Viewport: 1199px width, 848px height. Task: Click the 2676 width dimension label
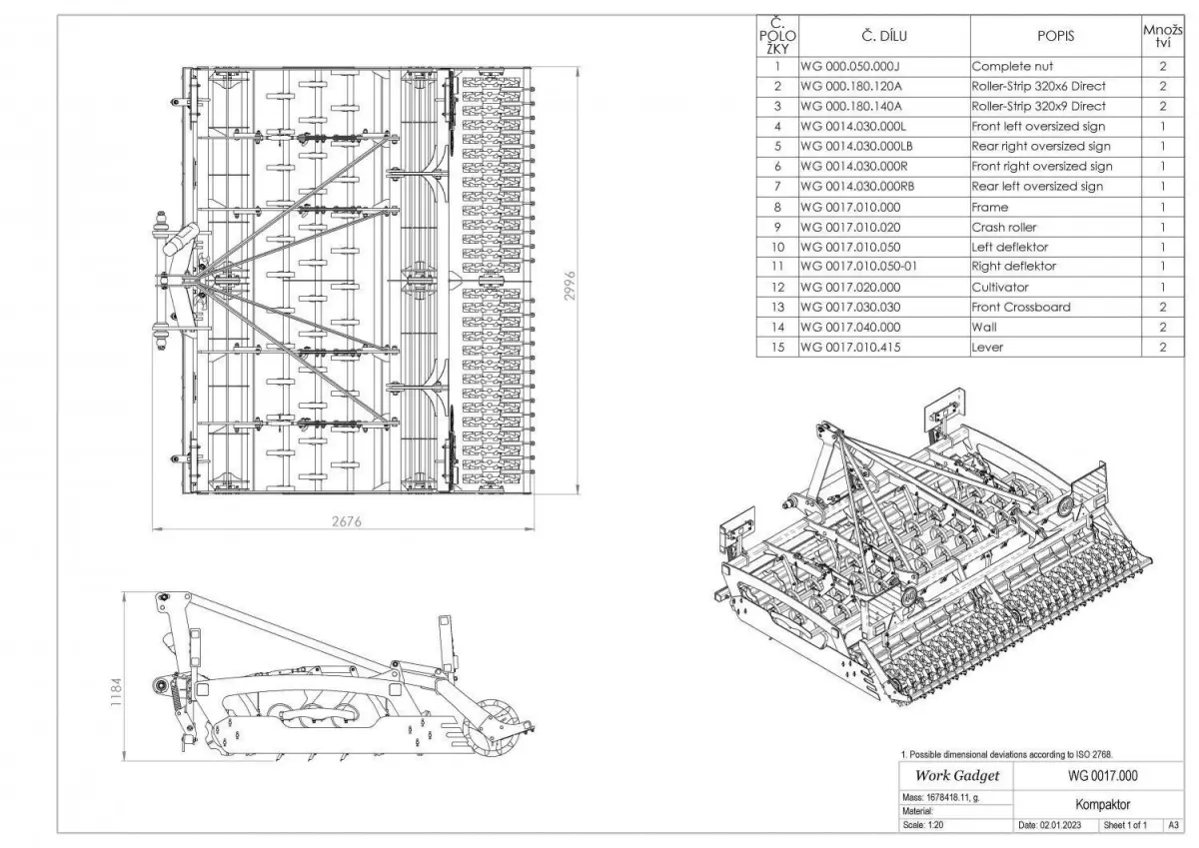(345, 521)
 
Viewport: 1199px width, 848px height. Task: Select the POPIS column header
(1055, 36)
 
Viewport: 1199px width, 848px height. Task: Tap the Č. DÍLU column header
(883, 36)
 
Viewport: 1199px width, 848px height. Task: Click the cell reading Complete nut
(1013, 67)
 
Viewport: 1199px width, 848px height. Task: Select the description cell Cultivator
(1001, 287)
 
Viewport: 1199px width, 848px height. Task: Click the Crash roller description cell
(1004, 227)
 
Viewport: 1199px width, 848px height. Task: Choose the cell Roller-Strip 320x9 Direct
(1038, 106)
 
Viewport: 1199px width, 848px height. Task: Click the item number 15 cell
(776, 347)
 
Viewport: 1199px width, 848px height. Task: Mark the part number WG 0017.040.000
(850, 327)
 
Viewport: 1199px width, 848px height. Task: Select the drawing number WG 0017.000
(1096, 776)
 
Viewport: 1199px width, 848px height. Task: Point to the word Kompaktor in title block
(1096, 803)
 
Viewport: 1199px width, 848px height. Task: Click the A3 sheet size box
(1173, 826)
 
